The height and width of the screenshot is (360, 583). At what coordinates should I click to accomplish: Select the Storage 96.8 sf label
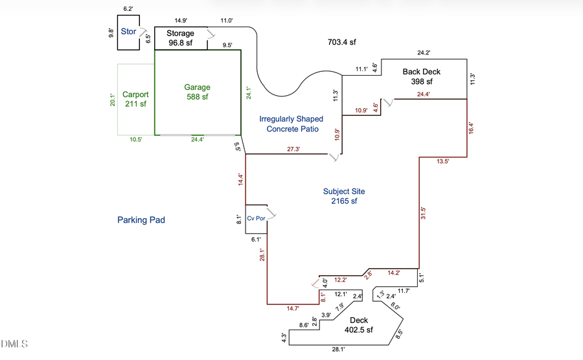pos(180,38)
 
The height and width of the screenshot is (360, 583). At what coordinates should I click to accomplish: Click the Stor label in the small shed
pos(128,31)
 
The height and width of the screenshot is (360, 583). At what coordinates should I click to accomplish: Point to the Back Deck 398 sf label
pos(421,76)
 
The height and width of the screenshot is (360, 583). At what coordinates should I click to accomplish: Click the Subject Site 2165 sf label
pos(344,196)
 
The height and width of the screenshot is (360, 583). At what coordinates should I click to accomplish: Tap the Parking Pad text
pos(141,220)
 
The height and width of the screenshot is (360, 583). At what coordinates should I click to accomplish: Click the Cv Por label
pos(256,218)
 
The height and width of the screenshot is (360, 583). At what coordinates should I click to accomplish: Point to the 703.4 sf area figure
pos(342,42)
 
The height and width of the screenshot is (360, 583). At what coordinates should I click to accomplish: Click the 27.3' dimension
pos(293,149)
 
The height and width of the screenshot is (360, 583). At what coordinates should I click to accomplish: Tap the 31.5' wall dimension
pos(423,214)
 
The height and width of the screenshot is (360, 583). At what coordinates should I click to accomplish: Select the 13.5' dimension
pos(442,161)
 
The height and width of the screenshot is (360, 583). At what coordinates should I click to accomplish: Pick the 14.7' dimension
pos(295,309)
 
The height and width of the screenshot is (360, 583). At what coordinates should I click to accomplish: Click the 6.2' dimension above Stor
pos(128,9)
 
